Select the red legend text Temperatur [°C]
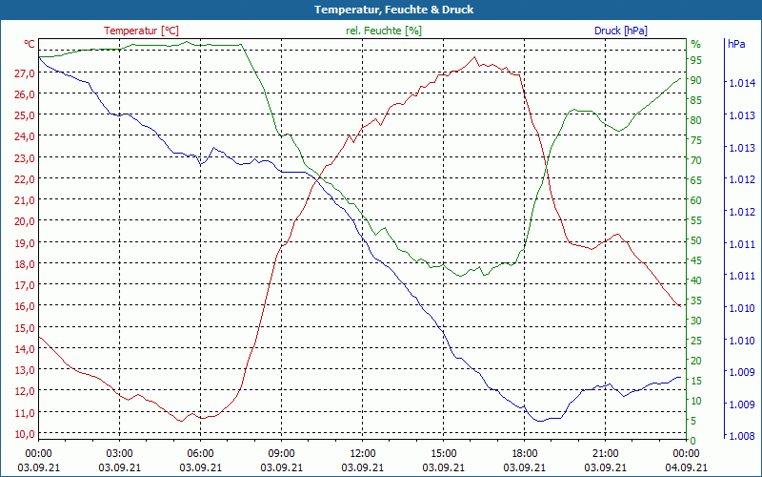[x=141, y=31]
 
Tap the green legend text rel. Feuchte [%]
[x=384, y=31]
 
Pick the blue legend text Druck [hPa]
[x=620, y=31]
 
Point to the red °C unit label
[x=30, y=44]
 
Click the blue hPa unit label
[x=736, y=44]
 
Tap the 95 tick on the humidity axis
[x=696, y=60]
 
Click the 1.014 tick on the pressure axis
[x=742, y=84]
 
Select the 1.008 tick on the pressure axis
[x=742, y=436]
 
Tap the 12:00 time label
[x=362, y=453]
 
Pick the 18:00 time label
[x=524, y=453]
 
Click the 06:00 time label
[x=200, y=453]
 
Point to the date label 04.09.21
[x=686, y=467]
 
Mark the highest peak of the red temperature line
[x=475, y=57]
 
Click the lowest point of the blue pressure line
[x=539, y=421]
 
